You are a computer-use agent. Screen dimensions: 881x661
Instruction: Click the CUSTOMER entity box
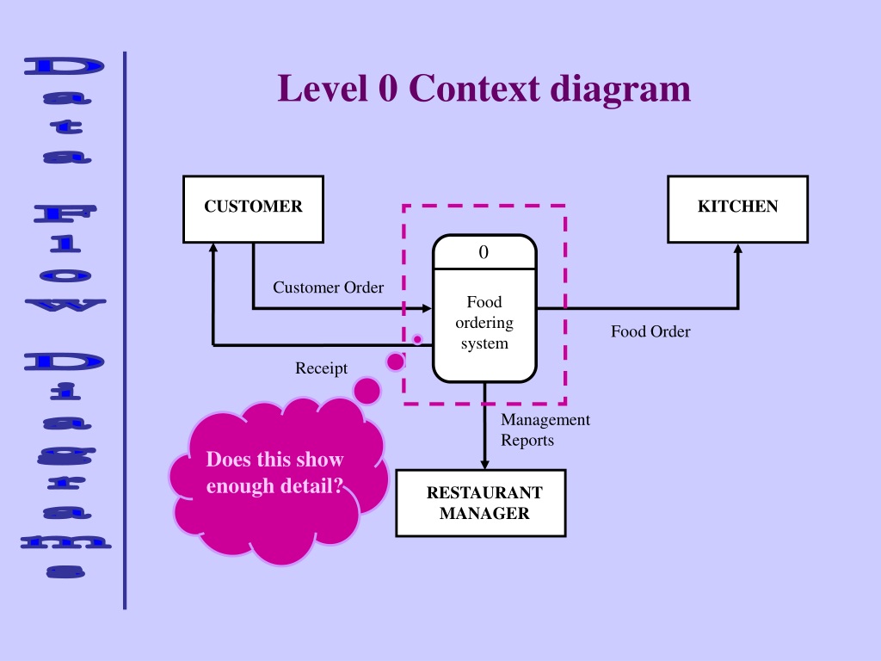coord(254,209)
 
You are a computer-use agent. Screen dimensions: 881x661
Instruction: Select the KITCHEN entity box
coord(737,209)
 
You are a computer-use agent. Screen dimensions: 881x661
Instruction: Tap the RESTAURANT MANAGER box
coord(481,503)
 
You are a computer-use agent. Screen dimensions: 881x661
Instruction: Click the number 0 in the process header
coord(484,252)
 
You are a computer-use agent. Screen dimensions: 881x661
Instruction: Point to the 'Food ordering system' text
coord(484,323)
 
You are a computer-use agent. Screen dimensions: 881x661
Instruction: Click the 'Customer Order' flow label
coord(328,287)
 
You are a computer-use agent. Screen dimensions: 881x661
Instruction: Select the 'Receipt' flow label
coord(322,368)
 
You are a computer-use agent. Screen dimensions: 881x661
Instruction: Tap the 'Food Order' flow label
coord(650,331)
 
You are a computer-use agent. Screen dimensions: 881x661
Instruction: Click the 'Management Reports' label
coord(545,430)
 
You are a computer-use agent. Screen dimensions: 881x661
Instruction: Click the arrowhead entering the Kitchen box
coord(737,249)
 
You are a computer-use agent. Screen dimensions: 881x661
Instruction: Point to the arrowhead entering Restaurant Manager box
coord(484,464)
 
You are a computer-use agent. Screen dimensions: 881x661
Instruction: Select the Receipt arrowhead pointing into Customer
coord(213,249)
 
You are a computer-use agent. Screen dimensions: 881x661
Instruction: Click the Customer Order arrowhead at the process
coord(427,309)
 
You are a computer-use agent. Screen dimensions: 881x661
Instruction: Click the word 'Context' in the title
coord(474,89)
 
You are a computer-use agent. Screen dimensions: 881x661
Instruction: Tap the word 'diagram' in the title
coord(620,90)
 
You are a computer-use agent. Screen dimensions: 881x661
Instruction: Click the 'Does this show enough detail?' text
coord(274,473)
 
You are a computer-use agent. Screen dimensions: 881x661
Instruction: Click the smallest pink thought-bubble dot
coord(417,339)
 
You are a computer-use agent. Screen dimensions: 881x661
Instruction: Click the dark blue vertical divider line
coord(125,330)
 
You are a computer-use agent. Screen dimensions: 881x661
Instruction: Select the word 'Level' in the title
coord(323,89)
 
